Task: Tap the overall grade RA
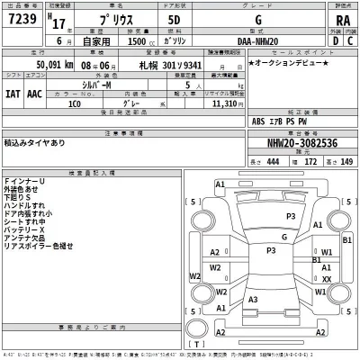click(x=341, y=20)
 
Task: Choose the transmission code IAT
click(x=13, y=92)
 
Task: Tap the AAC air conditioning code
click(x=35, y=92)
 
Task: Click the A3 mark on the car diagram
click(x=255, y=300)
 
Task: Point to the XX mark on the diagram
click(x=327, y=280)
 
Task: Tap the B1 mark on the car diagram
click(x=316, y=260)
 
